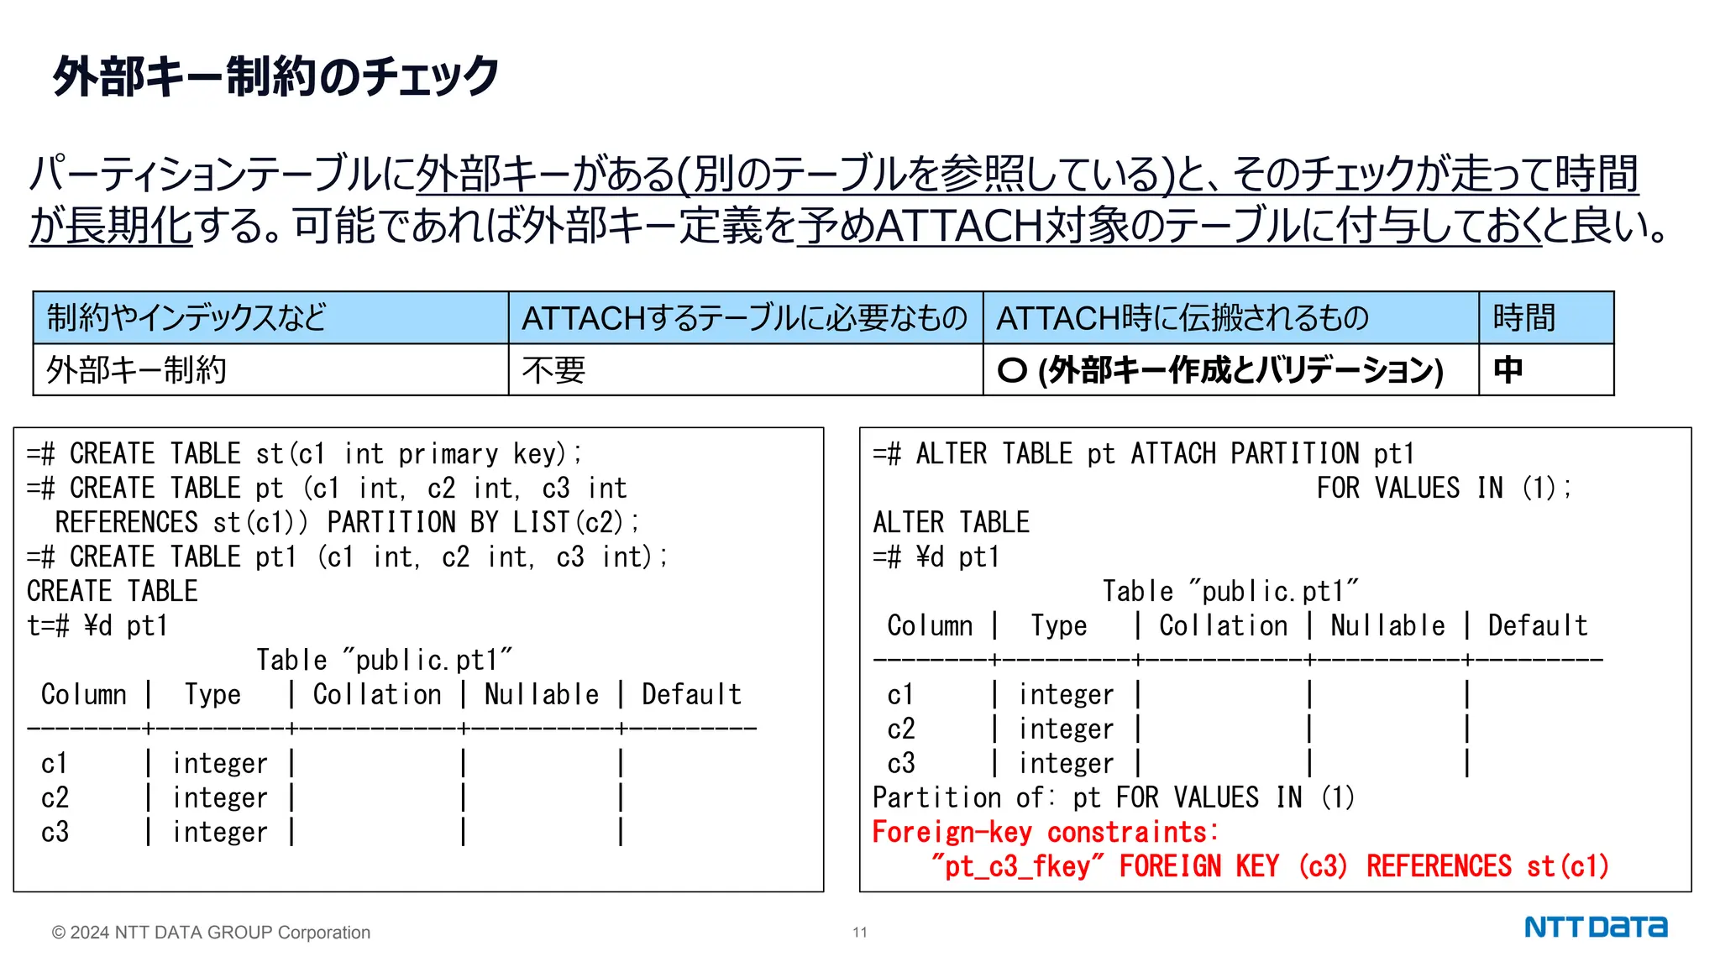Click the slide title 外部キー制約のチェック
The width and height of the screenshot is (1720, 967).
point(275,76)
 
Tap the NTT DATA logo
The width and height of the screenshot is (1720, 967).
point(1595,928)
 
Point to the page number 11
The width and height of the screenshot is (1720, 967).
point(859,933)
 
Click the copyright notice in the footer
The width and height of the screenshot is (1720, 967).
point(211,933)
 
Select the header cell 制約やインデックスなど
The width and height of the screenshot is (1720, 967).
point(186,318)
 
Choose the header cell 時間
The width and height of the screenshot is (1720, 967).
point(1523,318)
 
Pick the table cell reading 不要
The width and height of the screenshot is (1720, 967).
point(553,370)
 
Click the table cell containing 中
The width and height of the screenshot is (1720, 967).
point(1508,370)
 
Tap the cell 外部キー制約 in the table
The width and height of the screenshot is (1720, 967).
point(136,370)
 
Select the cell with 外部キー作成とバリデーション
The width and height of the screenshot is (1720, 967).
point(1219,370)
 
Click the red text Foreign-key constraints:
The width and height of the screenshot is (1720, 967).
point(1045,832)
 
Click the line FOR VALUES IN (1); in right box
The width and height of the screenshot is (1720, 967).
point(1443,488)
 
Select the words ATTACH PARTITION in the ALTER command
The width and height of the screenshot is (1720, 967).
point(1245,454)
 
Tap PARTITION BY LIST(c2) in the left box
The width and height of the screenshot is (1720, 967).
point(483,522)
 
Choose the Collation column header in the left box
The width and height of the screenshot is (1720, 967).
point(377,694)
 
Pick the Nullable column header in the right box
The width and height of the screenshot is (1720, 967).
point(1387,625)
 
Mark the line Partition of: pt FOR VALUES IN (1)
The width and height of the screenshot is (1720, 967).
point(1113,797)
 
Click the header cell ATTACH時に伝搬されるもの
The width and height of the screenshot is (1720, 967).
point(1182,318)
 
